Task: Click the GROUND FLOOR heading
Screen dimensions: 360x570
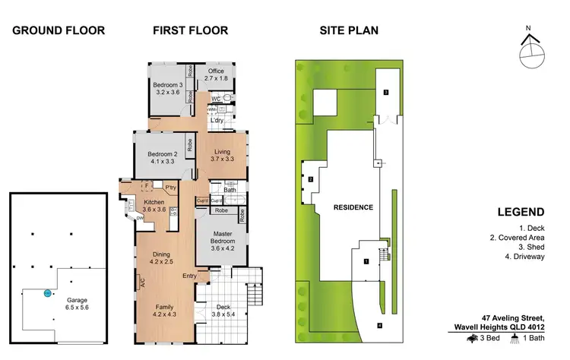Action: point(59,31)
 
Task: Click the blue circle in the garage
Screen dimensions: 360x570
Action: point(47,292)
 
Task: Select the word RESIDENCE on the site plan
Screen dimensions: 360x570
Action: point(353,207)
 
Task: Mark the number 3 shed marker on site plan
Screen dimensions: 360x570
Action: point(386,92)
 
